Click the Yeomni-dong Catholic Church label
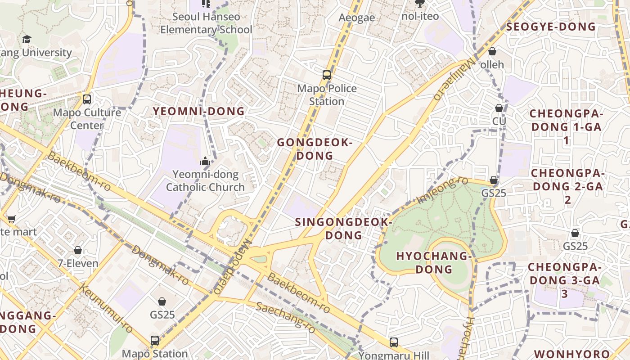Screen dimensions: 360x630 206,180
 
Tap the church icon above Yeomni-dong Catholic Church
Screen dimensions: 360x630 206,161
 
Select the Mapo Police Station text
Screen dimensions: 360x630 327,95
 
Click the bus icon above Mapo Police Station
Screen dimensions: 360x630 327,75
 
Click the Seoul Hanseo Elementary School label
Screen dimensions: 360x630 207,23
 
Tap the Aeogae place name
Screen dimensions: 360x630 357,18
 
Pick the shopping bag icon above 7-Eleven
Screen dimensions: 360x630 78,250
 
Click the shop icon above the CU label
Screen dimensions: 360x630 499,108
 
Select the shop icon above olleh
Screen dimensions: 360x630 492,51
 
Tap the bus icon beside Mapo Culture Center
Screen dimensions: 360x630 87,99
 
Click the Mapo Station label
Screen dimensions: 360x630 155,354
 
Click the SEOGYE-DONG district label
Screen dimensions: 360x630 551,27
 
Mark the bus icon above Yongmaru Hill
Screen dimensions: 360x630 394,342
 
